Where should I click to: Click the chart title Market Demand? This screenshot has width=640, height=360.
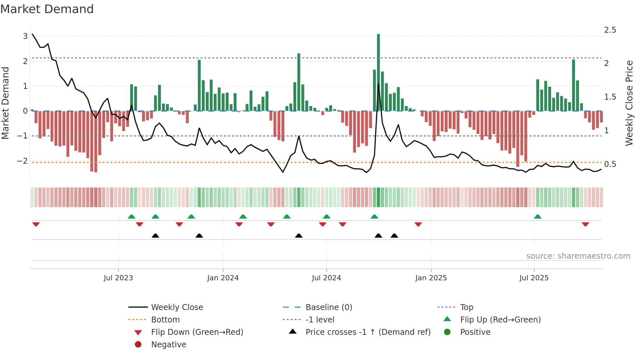click(x=47, y=9)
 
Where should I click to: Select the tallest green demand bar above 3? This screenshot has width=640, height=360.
click(x=378, y=72)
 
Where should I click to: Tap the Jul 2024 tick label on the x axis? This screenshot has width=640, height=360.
click(x=326, y=278)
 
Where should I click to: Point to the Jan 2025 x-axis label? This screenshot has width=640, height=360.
click(x=431, y=278)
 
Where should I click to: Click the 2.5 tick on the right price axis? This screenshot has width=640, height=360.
click(x=610, y=30)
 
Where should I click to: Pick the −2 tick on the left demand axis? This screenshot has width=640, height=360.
click(x=22, y=161)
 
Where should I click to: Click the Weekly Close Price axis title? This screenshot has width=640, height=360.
click(x=629, y=103)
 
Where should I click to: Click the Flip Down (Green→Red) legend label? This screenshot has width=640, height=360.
click(x=197, y=332)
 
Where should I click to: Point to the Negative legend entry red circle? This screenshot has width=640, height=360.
click(x=138, y=344)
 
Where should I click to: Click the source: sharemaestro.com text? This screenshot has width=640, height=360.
click(x=578, y=256)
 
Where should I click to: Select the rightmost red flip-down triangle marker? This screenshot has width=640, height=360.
click(x=585, y=224)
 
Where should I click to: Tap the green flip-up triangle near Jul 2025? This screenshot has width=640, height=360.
click(x=537, y=217)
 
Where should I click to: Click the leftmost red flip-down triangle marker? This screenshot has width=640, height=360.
click(x=36, y=224)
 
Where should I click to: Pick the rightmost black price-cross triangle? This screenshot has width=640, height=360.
click(x=394, y=236)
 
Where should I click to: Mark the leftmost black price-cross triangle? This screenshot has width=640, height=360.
click(x=155, y=236)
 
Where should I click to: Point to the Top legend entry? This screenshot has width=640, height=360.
click(x=466, y=307)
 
